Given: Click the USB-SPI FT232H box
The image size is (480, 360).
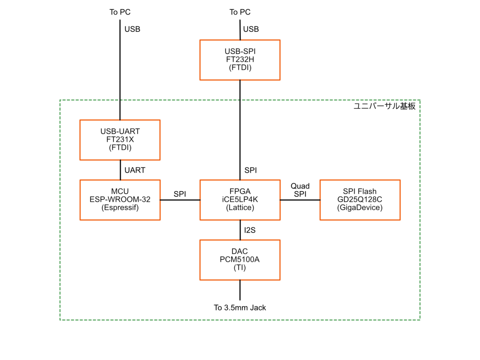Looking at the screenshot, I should pos(240,60).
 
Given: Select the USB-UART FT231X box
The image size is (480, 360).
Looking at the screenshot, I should pos(120,140).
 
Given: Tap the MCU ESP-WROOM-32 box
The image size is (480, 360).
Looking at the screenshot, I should pos(120,200).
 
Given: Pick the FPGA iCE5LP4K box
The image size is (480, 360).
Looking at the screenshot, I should pos(240,200).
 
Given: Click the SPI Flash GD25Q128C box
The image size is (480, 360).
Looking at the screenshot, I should pos(360,200).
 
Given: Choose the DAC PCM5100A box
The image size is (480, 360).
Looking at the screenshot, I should pos(240,260).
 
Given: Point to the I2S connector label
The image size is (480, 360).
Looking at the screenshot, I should pos(250,230).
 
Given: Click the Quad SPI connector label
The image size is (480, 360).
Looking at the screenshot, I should pos(300,190).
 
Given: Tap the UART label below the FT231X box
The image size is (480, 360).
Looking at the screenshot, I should pos(135,170).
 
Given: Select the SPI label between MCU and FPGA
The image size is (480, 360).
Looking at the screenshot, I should pos(180,194).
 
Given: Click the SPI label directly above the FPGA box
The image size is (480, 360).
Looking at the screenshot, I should pos(251,170).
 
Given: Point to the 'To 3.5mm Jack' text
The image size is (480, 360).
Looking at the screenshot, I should pos(240,308).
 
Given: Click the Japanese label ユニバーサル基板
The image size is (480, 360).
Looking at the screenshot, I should pos(384,106).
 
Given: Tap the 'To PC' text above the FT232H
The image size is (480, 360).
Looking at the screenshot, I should pos(240,12).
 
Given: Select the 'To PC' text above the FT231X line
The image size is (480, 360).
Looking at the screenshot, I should pos(120,12).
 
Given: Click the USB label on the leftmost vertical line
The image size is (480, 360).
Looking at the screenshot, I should pos(132,29).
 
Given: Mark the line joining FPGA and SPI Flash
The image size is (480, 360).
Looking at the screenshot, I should pos(300,200).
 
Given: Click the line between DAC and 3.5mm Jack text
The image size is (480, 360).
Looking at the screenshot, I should pos(240,291).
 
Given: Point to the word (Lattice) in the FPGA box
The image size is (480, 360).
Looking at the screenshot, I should pos(240,208).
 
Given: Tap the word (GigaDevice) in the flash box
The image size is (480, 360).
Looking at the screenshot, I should pos(360,208).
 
